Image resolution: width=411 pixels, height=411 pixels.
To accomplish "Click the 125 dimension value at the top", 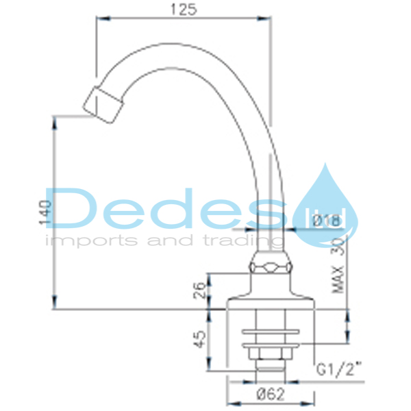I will click(x=182, y=10).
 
